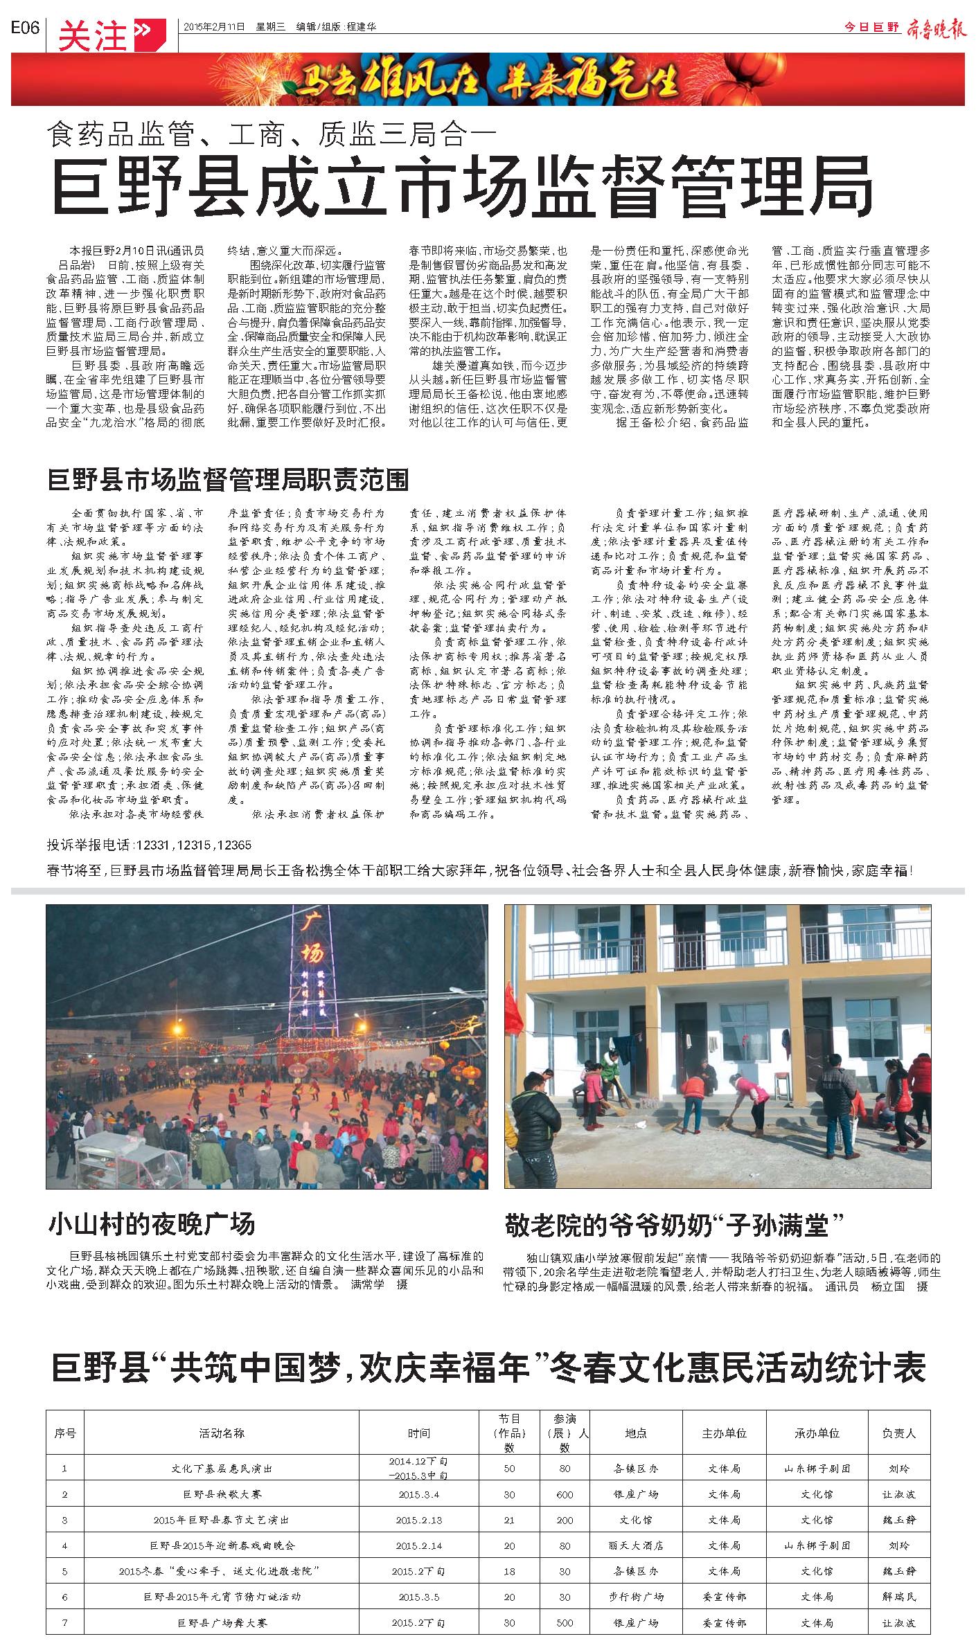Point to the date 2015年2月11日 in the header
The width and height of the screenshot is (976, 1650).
coord(215,28)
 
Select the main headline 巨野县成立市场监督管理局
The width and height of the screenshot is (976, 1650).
coord(463,185)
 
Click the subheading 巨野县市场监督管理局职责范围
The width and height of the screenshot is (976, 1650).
coord(228,479)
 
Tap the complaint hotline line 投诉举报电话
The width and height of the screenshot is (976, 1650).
coord(149,845)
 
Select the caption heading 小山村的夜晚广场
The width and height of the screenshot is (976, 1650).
coord(152,1223)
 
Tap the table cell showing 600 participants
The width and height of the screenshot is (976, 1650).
coord(565,1494)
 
